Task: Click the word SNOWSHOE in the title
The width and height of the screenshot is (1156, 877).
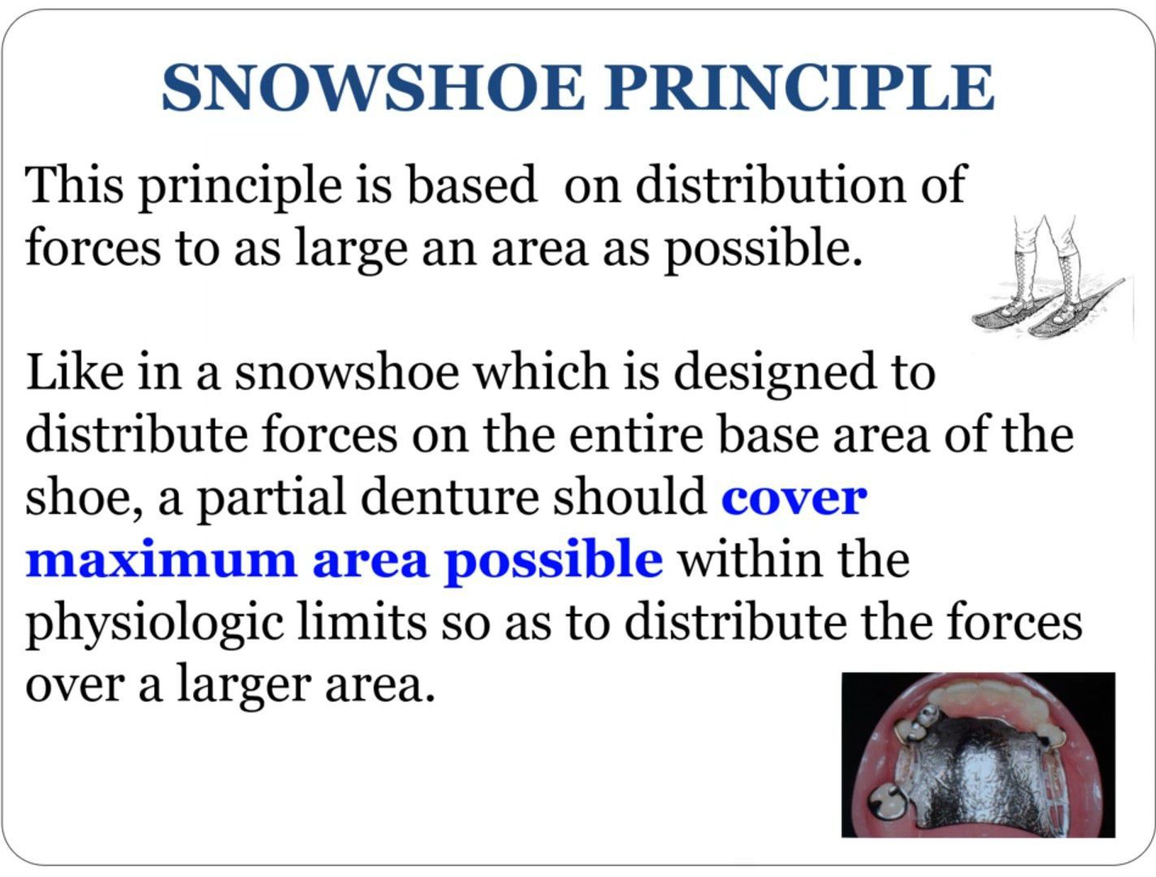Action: point(373,88)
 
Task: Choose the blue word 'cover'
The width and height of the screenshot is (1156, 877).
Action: point(794,500)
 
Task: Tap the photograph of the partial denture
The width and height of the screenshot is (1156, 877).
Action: point(978,754)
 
